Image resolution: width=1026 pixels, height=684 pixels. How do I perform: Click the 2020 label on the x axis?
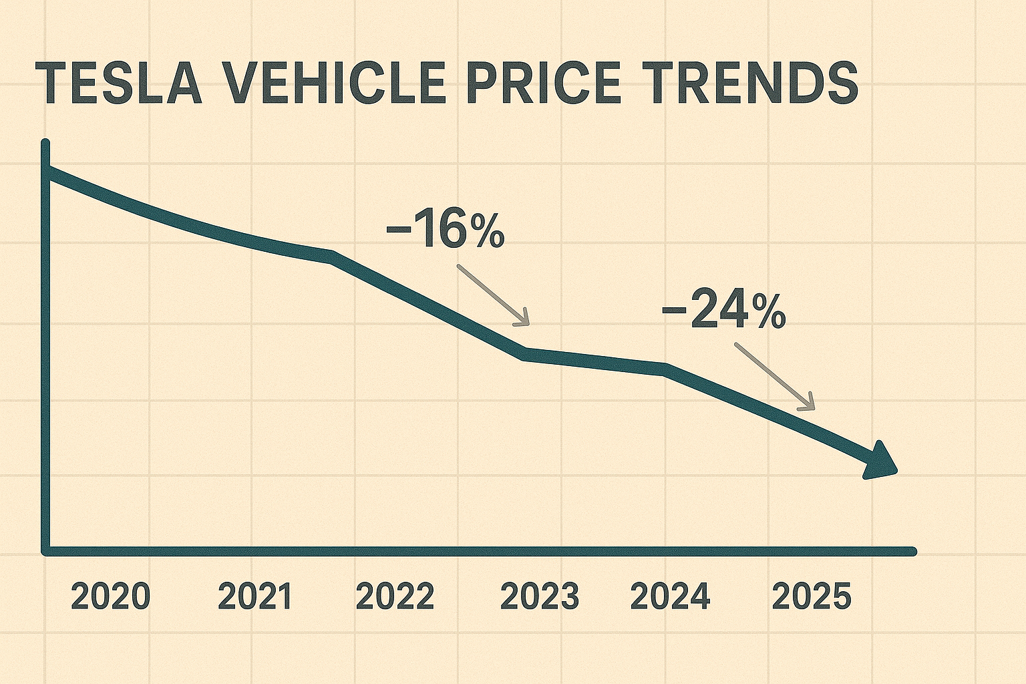click(110, 596)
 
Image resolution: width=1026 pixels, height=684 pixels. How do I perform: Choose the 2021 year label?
click(255, 596)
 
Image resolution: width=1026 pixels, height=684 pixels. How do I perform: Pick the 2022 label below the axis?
click(395, 596)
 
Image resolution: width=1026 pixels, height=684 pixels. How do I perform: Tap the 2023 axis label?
click(540, 596)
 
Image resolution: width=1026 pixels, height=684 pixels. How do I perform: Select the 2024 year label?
click(670, 596)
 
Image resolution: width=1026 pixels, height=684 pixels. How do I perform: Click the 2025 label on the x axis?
click(812, 596)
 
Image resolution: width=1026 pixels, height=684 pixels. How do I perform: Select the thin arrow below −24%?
click(776, 376)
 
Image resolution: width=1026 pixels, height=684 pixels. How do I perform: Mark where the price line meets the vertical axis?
click(47, 171)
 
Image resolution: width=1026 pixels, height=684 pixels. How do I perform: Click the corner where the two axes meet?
click(46, 551)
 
